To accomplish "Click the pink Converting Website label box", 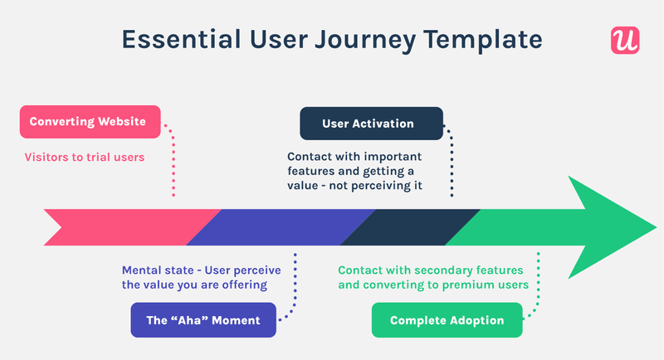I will point(88,122).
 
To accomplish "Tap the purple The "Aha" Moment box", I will point(203,320).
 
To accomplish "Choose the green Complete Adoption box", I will point(447,320).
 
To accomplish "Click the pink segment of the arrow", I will point(124,227).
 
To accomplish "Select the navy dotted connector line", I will point(452,162).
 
